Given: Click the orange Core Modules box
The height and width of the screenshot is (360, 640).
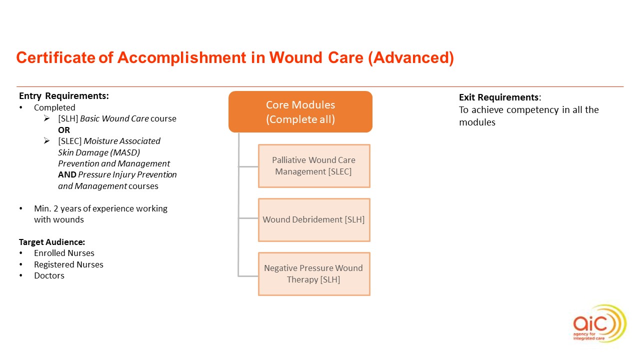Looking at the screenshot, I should coord(300,112).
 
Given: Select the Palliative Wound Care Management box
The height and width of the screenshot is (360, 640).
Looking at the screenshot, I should coord(314,166).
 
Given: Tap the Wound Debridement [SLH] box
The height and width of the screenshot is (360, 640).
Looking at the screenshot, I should coord(314,219).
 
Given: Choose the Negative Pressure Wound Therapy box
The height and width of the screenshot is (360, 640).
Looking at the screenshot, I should coord(314,273).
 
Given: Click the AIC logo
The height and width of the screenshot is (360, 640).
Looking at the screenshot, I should coord(599,323).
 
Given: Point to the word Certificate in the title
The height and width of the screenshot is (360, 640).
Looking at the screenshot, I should coord(55,58).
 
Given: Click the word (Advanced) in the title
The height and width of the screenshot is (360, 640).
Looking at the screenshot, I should coord(410,58).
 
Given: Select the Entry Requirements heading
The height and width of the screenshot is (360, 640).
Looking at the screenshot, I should coord(63,96).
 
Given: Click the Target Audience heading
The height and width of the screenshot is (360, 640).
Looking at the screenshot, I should coord(52,242).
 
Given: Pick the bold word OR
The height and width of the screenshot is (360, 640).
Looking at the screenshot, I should coord(64,130).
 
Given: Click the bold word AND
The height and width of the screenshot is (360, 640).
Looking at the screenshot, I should coord(67,174).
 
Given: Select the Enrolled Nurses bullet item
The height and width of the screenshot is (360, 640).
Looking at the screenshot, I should coord(64,253).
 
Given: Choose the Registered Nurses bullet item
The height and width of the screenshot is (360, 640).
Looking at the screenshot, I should coord(68,264).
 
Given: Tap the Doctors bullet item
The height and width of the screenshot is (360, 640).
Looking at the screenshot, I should coord(49,275).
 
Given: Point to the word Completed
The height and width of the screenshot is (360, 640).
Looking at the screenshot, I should coord(54,107).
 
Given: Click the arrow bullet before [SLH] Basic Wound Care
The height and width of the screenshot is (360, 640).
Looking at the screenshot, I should coord(46,119).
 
